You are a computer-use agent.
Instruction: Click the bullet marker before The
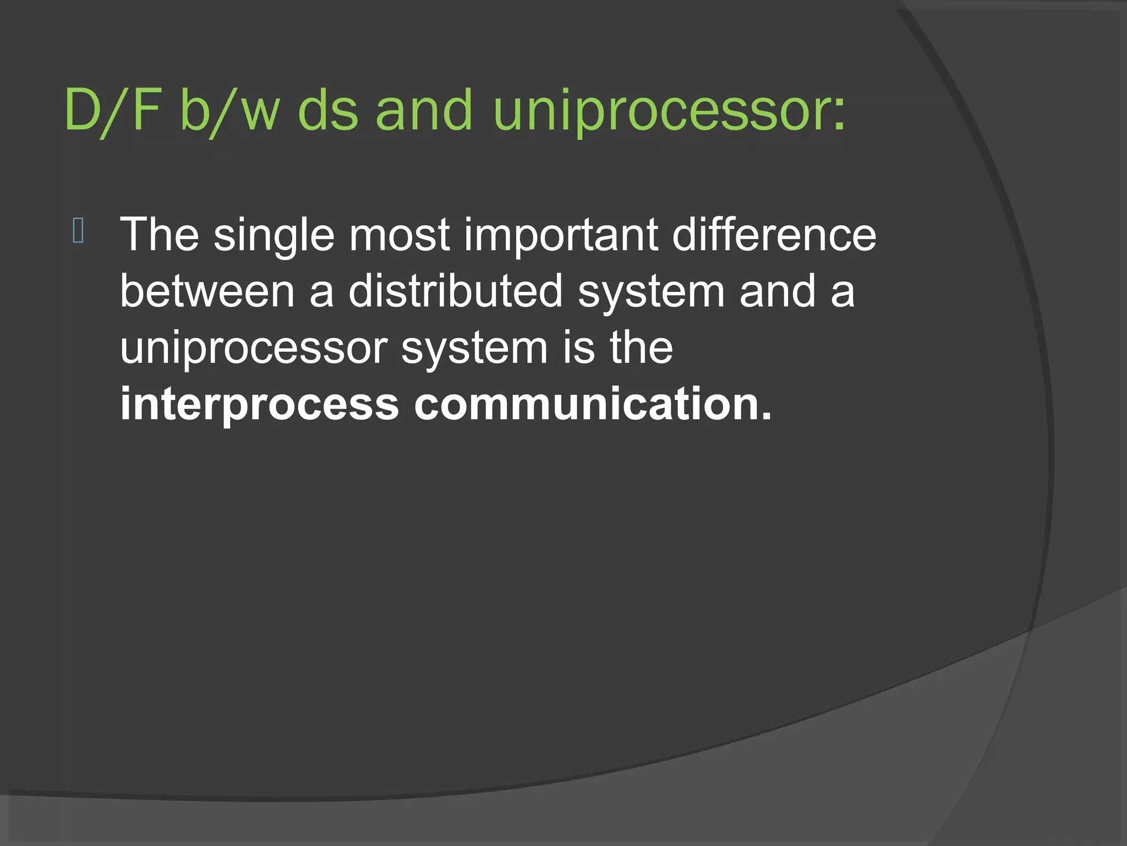pyautogui.click(x=78, y=231)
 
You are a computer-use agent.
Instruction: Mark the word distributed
pyautogui.click(x=456, y=292)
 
